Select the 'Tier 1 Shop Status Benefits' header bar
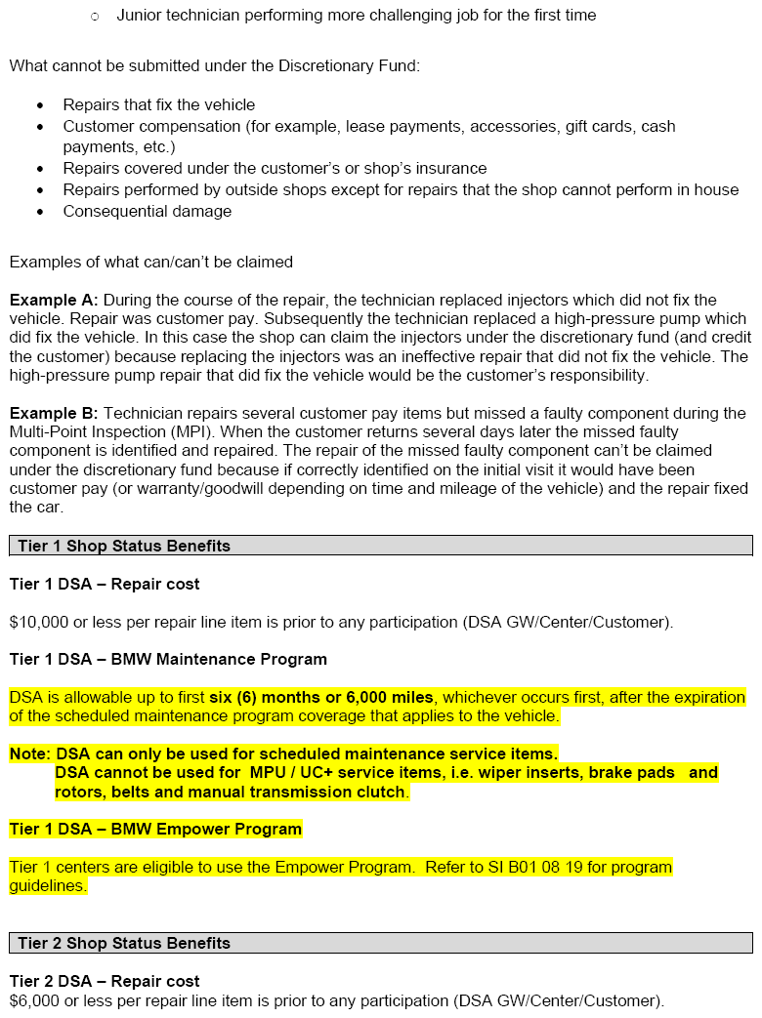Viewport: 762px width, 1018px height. [381, 546]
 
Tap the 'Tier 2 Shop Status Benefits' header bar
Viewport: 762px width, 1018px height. [381, 943]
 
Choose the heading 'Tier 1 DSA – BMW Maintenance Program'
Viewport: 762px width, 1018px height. [168, 659]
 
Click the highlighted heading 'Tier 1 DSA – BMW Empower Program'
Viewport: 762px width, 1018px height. [155, 829]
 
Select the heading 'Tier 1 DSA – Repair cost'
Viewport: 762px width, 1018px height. [105, 584]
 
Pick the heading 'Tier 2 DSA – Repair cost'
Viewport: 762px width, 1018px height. [105, 981]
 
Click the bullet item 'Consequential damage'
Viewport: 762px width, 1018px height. [148, 211]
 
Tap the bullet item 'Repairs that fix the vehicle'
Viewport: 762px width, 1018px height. [159, 104]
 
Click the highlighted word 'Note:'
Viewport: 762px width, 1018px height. [30, 753]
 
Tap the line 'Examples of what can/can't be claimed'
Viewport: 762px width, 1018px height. [151, 262]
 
